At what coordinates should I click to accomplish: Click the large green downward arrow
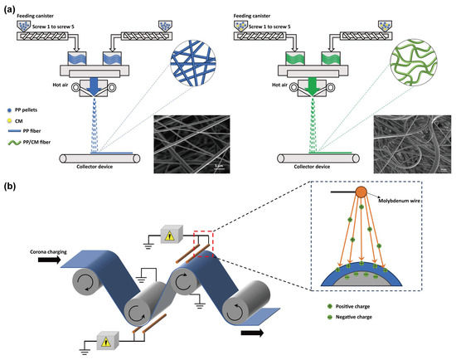coord(315,88)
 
